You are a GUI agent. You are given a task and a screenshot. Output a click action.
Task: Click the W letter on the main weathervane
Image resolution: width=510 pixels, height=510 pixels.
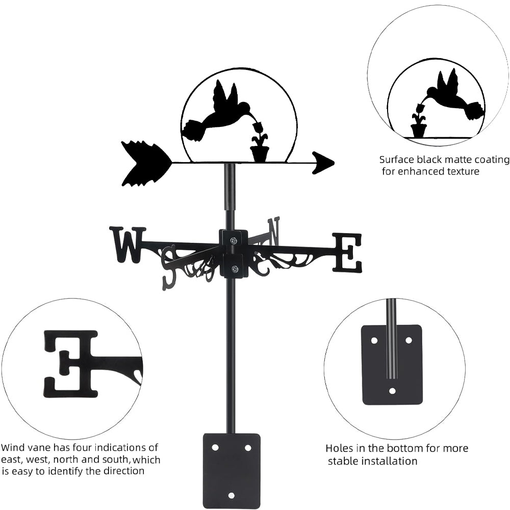pos(127,245)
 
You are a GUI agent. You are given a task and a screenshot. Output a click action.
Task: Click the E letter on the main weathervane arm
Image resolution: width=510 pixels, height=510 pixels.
pos(347,252)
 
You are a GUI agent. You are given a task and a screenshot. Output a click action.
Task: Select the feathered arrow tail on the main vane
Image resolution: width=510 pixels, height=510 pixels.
pos(146,163)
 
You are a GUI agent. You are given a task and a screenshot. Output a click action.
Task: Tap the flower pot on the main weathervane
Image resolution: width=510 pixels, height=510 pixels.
pos(260,152)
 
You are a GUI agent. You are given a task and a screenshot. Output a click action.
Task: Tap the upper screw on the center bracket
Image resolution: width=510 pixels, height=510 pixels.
pos(233,240)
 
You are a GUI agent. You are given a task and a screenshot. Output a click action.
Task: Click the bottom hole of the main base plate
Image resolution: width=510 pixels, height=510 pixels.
pos(232,495)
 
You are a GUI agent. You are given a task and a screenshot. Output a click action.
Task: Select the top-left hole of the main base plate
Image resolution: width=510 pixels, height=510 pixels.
pos(215,447)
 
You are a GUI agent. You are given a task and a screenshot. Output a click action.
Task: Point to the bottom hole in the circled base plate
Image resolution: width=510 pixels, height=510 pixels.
pos(392,391)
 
